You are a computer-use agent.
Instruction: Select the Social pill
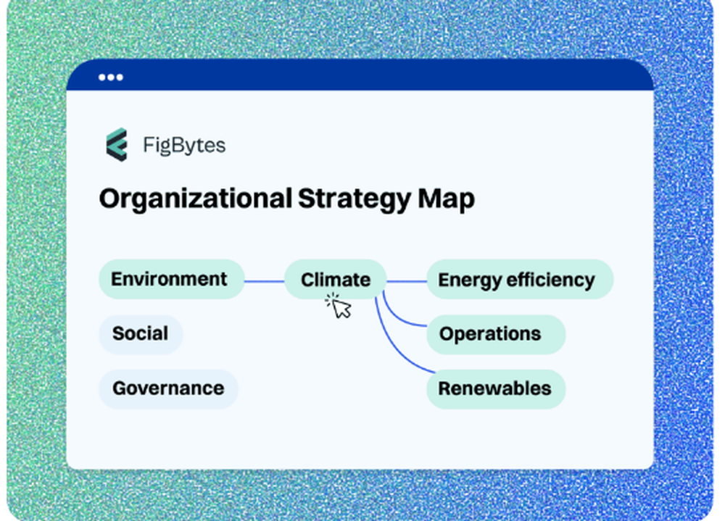141,334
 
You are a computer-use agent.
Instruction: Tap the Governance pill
168,388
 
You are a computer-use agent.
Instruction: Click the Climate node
335,280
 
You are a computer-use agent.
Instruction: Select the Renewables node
495,388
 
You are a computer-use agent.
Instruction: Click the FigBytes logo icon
116,145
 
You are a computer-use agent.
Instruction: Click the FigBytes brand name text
184,146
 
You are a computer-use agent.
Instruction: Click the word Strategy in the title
354,199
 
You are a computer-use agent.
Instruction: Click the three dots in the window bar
111,78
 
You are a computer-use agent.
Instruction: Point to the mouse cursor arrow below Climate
342,309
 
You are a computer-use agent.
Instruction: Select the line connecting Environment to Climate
264,281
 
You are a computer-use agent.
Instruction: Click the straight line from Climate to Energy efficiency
406,281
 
